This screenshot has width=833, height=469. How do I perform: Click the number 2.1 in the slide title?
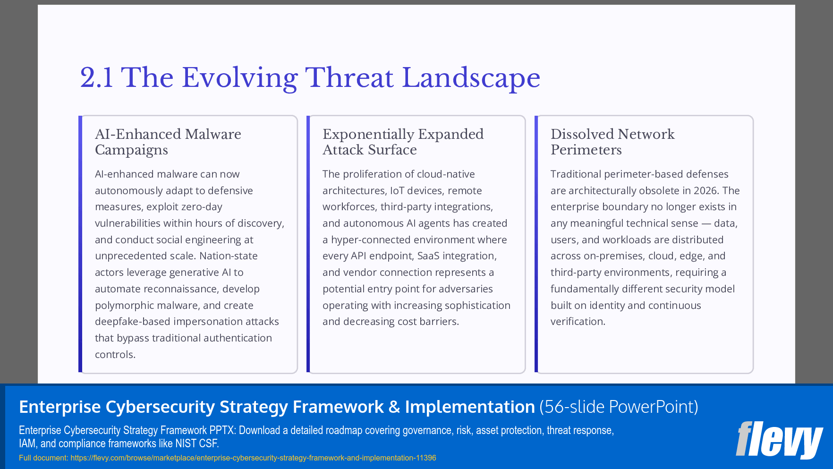point(96,78)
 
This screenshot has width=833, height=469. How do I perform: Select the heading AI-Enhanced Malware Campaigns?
point(168,142)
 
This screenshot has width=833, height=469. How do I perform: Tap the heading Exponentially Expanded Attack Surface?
point(403,142)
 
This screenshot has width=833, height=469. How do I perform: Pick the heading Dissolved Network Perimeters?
point(612,142)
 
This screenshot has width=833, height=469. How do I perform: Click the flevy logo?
point(779,440)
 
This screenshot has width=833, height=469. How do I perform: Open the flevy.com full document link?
point(253,458)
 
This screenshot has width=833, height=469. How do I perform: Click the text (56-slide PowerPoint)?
point(619,407)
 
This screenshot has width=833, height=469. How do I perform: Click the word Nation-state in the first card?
point(229,256)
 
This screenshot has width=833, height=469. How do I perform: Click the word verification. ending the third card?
point(578,322)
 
